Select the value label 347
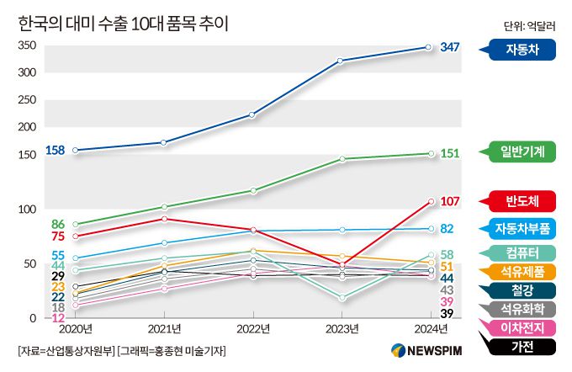[450, 47]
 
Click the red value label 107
[450, 201]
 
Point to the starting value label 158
[55, 151]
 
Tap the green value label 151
[450, 153]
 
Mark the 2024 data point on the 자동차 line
[430, 47]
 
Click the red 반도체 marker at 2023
[342, 264]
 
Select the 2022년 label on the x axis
[252, 327]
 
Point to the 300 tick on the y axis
[28, 72]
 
